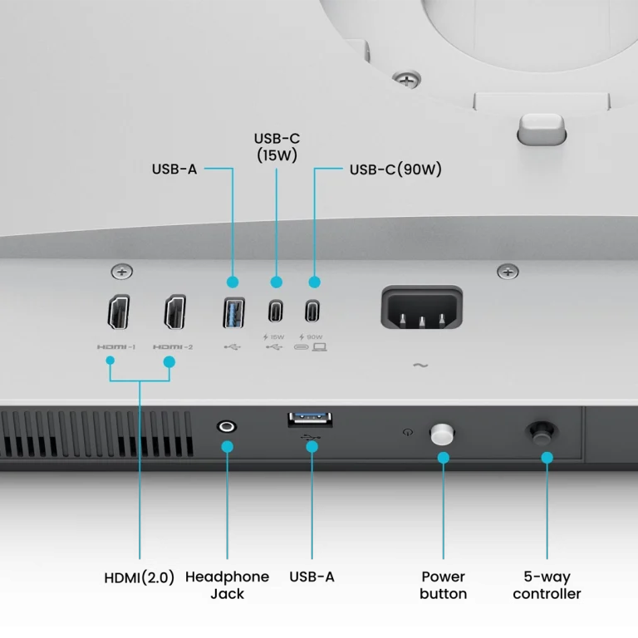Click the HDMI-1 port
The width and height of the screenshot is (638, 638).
[119, 312]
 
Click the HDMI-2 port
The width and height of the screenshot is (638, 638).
[175, 312]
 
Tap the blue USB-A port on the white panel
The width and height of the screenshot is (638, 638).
[233, 312]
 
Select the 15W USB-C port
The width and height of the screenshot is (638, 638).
[276, 312]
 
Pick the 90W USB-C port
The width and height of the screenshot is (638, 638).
[312, 312]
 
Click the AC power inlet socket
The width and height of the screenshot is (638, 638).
[421, 307]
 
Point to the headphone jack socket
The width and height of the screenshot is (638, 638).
[227, 427]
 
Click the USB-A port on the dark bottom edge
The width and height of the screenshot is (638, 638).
[310, 420]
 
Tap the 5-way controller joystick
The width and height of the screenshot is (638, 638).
[542, 434]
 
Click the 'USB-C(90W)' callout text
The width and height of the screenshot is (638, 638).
[395, 169]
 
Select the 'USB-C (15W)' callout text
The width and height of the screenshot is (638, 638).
[277, 147]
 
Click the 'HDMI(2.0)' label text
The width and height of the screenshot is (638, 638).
[140, 577]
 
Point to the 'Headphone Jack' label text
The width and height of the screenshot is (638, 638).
[227, 585]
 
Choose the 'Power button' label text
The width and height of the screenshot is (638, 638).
[443, 585]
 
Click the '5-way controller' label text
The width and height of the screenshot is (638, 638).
[547, 585]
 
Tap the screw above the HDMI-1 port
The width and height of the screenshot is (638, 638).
[121, 272]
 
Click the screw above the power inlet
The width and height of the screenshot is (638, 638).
[508, 272]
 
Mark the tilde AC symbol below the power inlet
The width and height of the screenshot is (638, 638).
[420, 366]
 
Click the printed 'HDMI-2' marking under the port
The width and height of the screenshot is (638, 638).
[173, 347]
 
